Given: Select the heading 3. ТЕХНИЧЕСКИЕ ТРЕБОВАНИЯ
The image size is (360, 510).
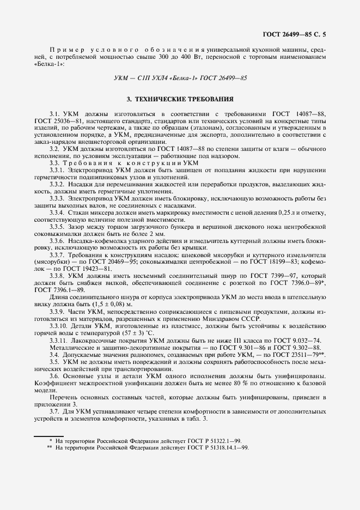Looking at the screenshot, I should click(180, 100).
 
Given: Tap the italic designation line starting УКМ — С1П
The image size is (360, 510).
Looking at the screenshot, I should click(180, 78).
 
